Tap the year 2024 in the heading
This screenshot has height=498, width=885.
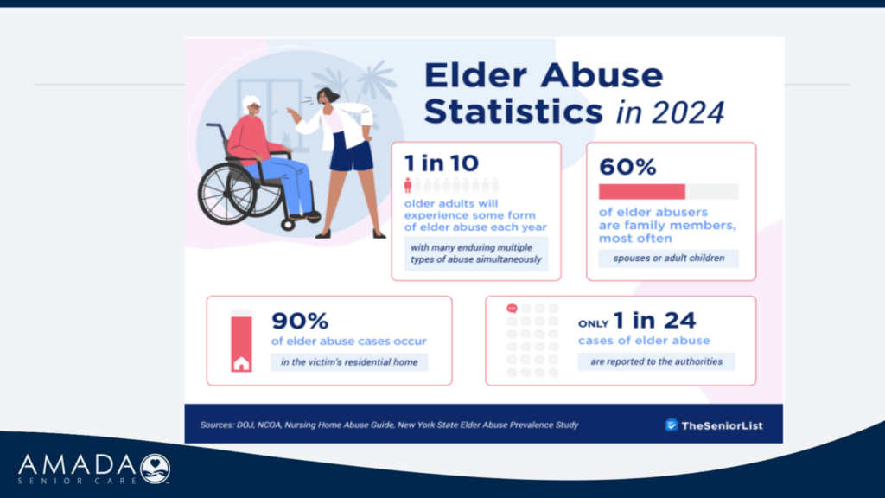[x=688, y=112]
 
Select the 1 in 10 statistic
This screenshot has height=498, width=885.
[x=442, y=163]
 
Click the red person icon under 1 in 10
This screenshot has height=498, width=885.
[x=408, y=185]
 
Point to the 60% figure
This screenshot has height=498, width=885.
[x=627, y=167]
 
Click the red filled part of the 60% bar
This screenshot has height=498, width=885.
[x=642, y=191]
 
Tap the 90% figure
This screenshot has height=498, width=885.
[x=300, y=321]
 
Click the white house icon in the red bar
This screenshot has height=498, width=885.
[x=242, y=363]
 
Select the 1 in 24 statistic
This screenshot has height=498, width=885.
[x=655, y=320]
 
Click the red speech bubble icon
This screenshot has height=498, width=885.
[x=512, y=309]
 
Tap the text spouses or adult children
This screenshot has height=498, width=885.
[x=669, y=258]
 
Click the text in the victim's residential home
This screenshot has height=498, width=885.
[x=349, y=362]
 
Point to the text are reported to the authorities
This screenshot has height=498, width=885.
[x=657, y=361]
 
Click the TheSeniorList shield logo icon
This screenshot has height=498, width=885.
[x=671, y=425]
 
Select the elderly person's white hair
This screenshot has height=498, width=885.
[x=250, y=104]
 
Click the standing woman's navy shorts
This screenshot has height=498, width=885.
[x=351, y=151]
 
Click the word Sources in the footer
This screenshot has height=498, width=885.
[x=217, y=425]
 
